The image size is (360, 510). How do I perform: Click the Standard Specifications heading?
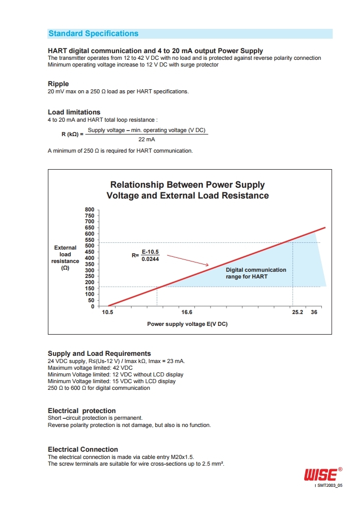tap(93, 34)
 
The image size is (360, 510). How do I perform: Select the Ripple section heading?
tap(58, 84)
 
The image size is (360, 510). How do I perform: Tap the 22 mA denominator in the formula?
tap(146, 139)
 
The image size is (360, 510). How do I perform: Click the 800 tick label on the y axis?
tap(89, 209)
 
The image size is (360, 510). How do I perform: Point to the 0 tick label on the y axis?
tap(92, 306)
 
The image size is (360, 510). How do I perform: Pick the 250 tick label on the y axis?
tap(89, 276)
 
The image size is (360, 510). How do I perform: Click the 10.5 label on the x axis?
tap(108, 312)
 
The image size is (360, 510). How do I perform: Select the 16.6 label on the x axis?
tap(187, 312)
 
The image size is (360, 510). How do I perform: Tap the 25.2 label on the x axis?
tap(298, 312)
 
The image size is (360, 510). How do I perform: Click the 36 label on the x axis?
tap(314, 312)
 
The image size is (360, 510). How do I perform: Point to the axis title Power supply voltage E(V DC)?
tap(187, 324)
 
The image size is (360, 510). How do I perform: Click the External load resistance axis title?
tap(65, 258)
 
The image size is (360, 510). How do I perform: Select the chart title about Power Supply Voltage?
tap(188, 190)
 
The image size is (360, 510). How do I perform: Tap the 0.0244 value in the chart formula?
tap(150, 259)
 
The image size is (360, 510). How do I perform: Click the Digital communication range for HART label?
tap(256, 273)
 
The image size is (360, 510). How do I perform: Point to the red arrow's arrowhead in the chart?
tap(207, 265)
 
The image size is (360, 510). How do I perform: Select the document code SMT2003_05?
tap(330, 485)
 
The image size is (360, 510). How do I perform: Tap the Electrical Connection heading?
tap(83, 449)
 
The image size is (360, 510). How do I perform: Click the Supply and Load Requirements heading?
tap(99, 354)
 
